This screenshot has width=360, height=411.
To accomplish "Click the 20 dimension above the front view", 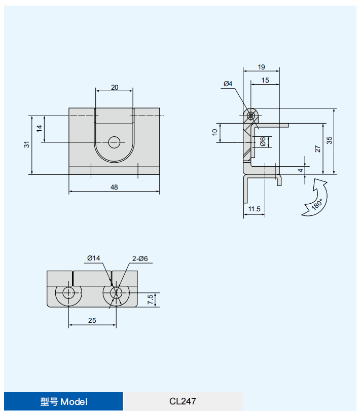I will [115, 87].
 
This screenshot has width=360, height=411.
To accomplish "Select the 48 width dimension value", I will [114, 187].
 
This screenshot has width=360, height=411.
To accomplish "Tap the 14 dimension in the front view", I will [40, 129].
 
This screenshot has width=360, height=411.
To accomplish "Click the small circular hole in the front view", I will [115, 142].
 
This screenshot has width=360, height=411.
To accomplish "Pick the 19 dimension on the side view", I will [261, 67].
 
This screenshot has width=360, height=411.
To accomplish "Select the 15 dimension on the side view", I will [265, 80].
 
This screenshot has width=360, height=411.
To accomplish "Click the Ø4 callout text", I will [228, 84].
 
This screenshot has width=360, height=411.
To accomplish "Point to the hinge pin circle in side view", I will [251, 116].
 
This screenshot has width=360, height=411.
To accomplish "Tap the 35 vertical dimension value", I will [330, 140].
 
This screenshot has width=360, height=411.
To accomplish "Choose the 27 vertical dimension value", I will [317, 148].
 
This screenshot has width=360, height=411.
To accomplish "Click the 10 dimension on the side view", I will [215, 132].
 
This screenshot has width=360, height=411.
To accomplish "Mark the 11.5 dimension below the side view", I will [254, 209].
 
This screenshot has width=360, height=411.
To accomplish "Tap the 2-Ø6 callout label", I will [140, 258].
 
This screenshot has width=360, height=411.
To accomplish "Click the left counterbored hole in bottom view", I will [69, 292].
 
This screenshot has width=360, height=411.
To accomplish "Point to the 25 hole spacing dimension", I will [92, 320].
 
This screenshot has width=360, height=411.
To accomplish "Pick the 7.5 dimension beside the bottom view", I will [151, 300].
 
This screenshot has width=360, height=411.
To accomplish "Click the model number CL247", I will [183, 401].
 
